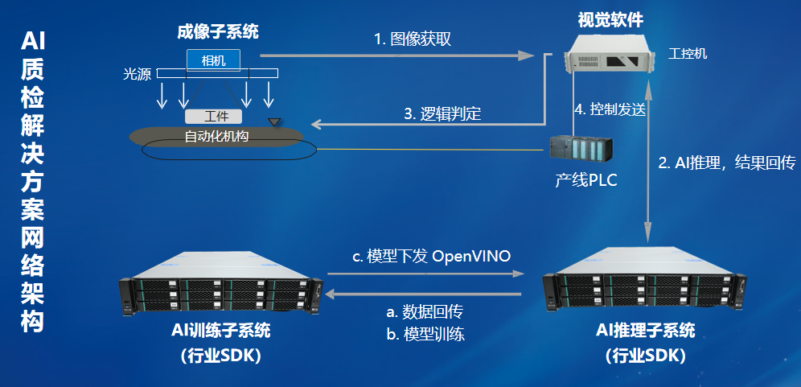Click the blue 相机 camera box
click(x=213, y=60)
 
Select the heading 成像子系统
click(x=218, y=32)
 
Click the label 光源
click(x=137, y=74)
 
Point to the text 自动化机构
click(x=216, y=136)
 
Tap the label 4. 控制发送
click(x=610, y=109)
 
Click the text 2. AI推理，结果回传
click(x=727, y=163)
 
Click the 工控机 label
click(x=688, y=54)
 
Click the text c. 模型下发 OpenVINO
click(x=433, y=256)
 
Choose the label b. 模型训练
click(x=425, y=334)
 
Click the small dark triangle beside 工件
click(x=275, y=122)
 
